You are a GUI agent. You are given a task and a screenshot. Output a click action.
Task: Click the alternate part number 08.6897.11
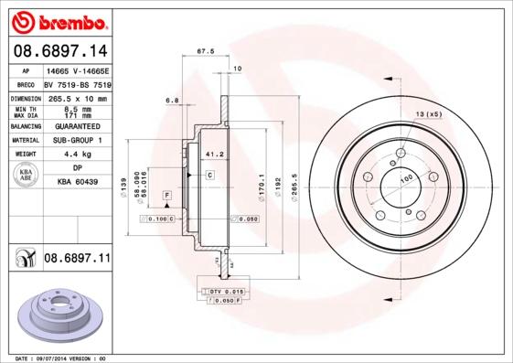pyautogui.click(x=76, y=259)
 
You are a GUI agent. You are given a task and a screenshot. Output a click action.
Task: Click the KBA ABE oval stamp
pyautogui.click(x=26, y=176)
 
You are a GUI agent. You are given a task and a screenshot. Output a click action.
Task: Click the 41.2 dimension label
pyautogui.click(x=215, y=155)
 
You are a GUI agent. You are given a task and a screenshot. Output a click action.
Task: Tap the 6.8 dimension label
pyautogui.click(x=171, y=99)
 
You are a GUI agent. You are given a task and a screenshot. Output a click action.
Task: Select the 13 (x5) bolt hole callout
pyautogui.click(x=428, y=113)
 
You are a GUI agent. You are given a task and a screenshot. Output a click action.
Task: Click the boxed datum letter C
pyautogui.click(x=209, y=174)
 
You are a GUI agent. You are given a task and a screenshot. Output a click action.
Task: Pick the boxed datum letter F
pyautogui.click(x=167, y=196)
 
